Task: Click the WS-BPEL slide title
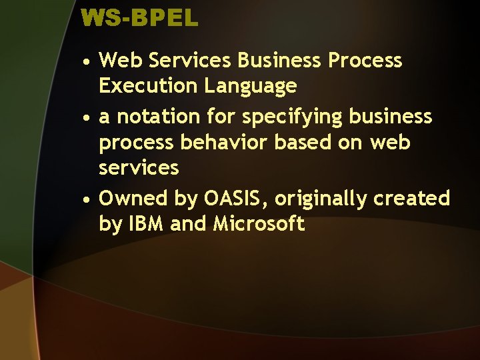click(139, 18)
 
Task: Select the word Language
click(251, 86)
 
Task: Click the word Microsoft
click(259, 224)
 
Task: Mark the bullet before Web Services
click(87, 62)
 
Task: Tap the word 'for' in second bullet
click(221, 117)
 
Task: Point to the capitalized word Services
click(191, 61)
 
